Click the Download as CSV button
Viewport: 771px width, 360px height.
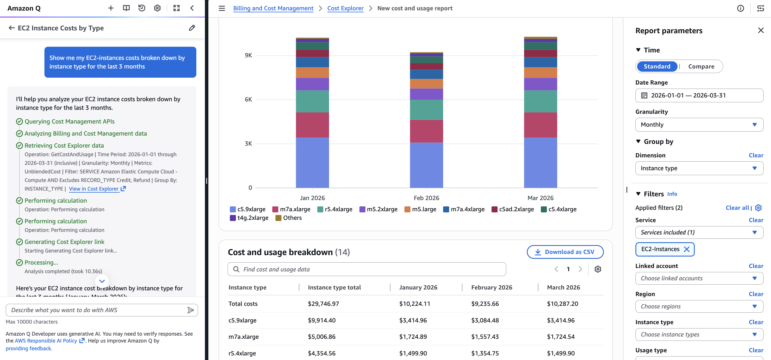tap(565, 252)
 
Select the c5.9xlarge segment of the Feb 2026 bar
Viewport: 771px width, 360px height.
tap(426, 165)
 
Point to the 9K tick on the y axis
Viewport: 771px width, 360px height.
tap(248, 55)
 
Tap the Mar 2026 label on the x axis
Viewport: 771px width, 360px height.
tap(540, 198)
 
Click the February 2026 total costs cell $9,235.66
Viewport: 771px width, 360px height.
tap(485, 304)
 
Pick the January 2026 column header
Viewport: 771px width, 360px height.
tap(418, 287)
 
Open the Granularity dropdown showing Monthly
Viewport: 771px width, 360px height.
tap(699, 124)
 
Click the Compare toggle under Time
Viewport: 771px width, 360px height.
tap(701, 66)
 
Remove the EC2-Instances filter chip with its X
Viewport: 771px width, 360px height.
tap(687, 249)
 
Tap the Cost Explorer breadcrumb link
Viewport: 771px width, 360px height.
tap(345, 8)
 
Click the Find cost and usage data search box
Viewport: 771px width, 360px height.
tap(367, 269)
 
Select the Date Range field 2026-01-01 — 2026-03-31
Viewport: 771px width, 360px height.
tap(699, 95)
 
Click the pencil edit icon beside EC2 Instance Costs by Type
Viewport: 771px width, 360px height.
tap(192, 28)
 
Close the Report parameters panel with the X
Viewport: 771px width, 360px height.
tap(760, 30)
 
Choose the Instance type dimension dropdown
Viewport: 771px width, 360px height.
tap(699, 168)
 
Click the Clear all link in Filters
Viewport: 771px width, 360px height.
tap(737, 208)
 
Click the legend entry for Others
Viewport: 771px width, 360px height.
tap(292, 218)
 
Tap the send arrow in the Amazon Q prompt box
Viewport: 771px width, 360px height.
tap(190, 310)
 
